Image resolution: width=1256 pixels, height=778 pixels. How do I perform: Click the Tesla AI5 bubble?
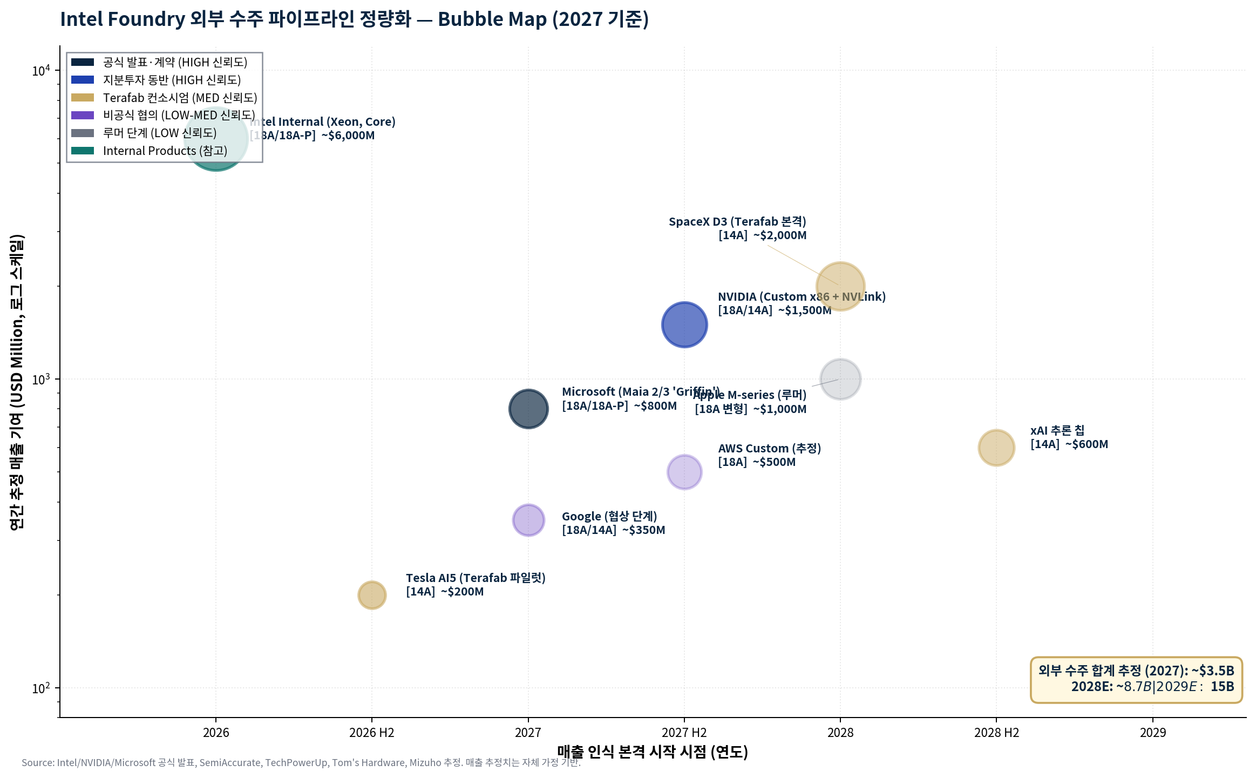click(x=371, y=595)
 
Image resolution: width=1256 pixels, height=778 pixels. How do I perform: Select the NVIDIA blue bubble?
click(x=684, y=324)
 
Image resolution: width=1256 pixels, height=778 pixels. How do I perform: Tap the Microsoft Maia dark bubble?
click(x=528, y=409)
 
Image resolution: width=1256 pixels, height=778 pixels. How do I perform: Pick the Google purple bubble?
click(x=528, y=520)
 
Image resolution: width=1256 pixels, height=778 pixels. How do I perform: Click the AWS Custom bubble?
click(x=684, y=472)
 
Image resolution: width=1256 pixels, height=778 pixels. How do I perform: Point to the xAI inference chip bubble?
click(x=996, y=448)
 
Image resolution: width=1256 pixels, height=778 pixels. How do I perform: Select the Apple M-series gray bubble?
click(x=840, y=379)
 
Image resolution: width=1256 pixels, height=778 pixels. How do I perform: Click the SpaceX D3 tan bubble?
click(x=840, y=286)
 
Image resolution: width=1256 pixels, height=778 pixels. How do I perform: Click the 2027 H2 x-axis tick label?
click(x=684, y=733)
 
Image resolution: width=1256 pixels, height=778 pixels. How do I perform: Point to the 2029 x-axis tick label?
click(x=1152, y=733)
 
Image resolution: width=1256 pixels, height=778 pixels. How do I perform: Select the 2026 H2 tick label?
click(x=371, y=733)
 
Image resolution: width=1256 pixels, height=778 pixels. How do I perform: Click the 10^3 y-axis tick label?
click(x=40, y=379)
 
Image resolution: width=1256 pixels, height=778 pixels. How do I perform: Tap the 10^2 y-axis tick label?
click(x=40, y=688)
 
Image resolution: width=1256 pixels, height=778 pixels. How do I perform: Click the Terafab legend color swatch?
click(x=83, y=98)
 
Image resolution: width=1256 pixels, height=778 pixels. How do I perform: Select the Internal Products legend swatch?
click(x=83, y=151)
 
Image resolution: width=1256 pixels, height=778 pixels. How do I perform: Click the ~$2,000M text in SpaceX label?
click(x=779, y=235)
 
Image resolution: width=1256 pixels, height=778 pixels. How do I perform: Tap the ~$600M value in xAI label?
click(x=1086, y=444)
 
